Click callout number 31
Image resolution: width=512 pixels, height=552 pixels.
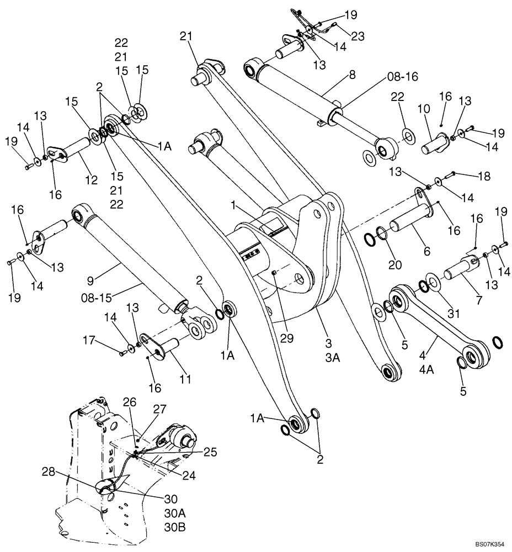[x=453, y=314]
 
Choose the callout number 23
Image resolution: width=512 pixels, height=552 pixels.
[x=357, y=37]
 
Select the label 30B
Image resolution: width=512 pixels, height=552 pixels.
[x=175, y=527]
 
